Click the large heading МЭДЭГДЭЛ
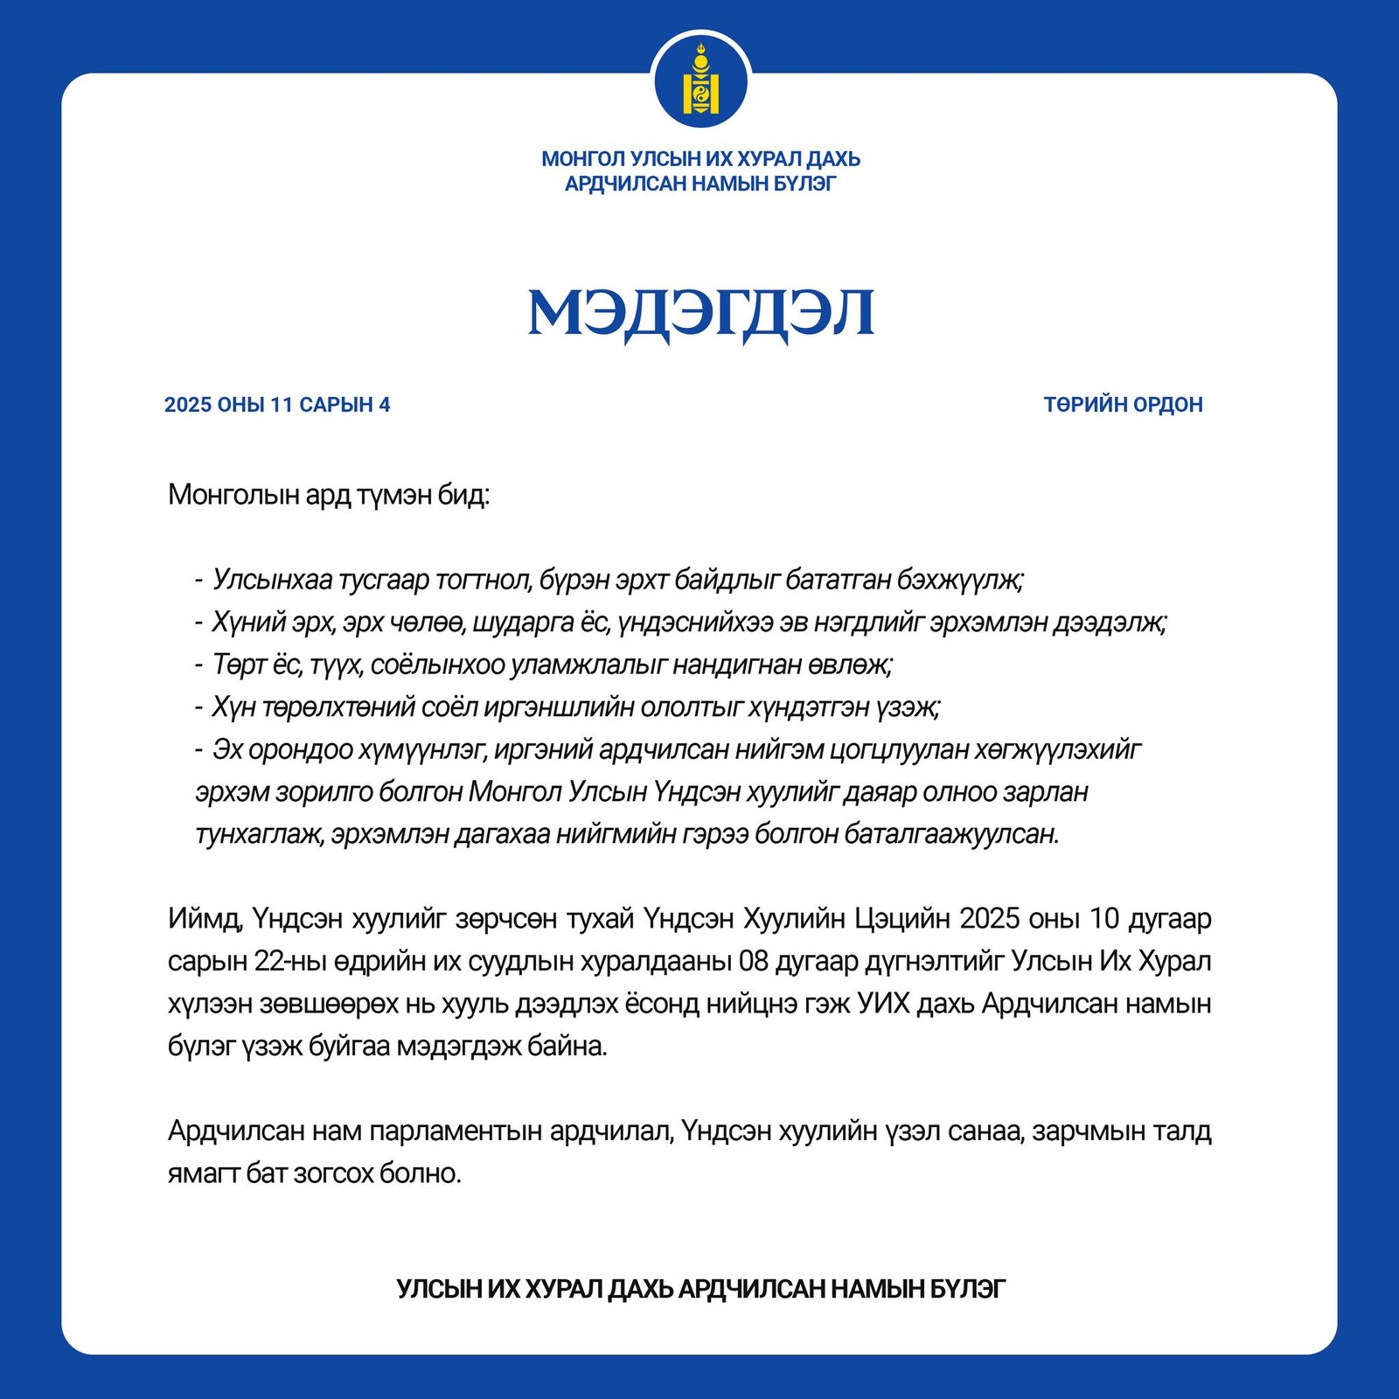click(700, 312)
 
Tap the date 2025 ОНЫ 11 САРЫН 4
click(277, 405)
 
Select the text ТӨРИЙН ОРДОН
click(1123, 405)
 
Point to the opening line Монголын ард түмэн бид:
click(329, 495)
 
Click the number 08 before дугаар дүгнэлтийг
click(753, 961)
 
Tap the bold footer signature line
click(700, 1288)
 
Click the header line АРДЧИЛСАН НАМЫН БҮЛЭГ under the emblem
click(700, 184)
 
